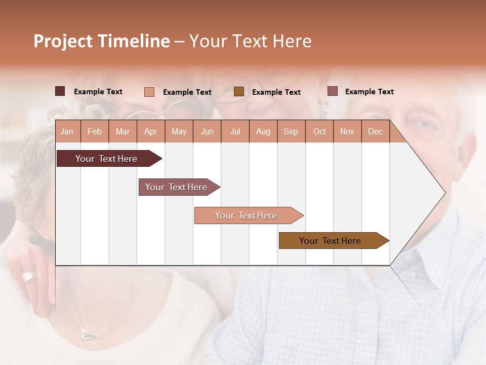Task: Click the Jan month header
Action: point(67,131)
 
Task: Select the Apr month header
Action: point(151,131)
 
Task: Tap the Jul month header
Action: point(235,131)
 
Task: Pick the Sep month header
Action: point(291,131)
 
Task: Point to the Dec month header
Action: point(375,131)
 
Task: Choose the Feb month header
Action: point(95,131)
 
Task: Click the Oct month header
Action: point(319,131)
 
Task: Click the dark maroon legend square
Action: point(60,91)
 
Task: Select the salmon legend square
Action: point(149,92)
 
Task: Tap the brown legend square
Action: point(239,92)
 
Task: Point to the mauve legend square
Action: point(332,91)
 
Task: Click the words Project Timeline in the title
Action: point(101,41)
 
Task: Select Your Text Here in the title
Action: point(250,41)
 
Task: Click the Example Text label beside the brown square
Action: point(276,92)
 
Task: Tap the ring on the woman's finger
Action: point(28,277)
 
